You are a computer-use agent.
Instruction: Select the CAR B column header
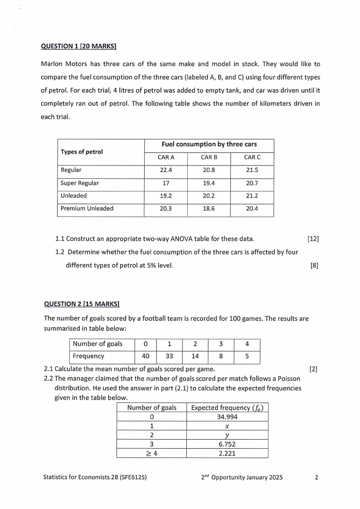[x=209, y=157]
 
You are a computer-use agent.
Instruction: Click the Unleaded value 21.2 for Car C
[x=252, y=196]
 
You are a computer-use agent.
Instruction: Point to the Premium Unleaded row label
[x=87, y=209]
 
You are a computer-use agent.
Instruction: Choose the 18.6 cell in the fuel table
[x=209, y=209]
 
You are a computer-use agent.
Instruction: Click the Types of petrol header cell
[x=82, y=152]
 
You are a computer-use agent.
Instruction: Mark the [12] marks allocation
[x=313, y=239]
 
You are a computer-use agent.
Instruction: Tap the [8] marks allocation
[x=314, y=266]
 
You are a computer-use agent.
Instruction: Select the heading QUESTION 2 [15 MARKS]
[x=81, y=303]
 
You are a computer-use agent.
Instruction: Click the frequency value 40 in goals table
[x=146, y=356]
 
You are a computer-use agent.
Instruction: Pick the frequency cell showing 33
[x=169, y=356]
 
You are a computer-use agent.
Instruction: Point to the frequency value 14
[x=195, y=356]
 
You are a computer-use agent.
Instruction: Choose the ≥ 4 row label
[x=151, y=453]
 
